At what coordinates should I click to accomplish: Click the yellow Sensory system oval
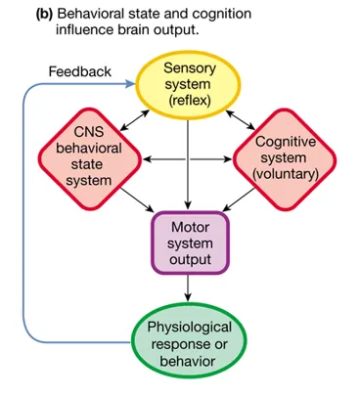[188, 85]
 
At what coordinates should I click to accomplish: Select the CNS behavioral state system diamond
[90, 158]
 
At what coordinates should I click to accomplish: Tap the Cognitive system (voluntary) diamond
[285, 159]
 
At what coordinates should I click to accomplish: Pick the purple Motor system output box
[190, 243]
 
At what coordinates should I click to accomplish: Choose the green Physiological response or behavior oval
[189, 340]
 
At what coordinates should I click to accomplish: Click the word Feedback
[80, 71]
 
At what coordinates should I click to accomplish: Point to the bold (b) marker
[44, 15]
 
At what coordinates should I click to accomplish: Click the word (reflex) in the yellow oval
[190, 101]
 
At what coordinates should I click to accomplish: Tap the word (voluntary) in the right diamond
[286, 174]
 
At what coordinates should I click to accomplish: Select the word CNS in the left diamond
[89, 132]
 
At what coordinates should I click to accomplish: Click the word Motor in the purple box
[190, 227]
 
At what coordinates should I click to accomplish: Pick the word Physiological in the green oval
[190, 327]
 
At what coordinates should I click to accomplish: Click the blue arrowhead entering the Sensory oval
[131, 84]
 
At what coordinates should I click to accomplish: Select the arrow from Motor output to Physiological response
[188, 287]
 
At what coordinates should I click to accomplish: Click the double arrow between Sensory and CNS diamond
[135, 120]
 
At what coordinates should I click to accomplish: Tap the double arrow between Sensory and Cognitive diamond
[241, 119]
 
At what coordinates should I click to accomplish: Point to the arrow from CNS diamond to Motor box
[137, 199]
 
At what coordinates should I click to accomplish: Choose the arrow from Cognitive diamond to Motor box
[239, 199]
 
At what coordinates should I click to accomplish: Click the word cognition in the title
[222, 15]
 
